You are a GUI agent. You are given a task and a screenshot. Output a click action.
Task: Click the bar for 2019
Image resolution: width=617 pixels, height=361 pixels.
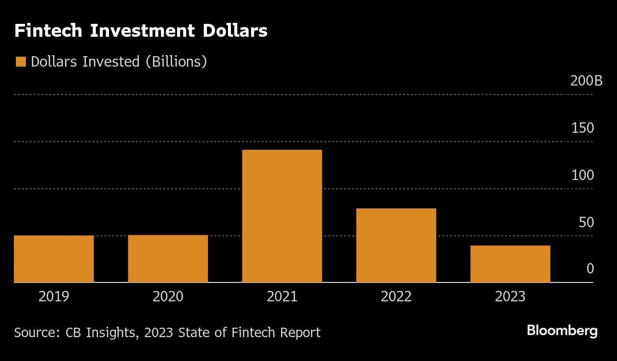[x=54, y=259]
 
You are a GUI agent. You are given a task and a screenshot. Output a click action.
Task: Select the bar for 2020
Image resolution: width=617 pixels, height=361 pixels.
[x=168, y=259]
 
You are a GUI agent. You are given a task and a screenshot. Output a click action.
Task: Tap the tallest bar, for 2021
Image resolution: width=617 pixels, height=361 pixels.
[x=282, y=216]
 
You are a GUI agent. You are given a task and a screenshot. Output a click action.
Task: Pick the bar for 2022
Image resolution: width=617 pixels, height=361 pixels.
[x=396, y=245]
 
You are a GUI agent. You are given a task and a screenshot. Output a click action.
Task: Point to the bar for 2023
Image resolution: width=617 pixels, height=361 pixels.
[x=510, y=264]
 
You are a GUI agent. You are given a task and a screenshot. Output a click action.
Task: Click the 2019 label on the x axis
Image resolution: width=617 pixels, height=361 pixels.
[x=54, y=297]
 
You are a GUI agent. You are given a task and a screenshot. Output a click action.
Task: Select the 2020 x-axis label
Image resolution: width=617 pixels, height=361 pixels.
[x=168, y=297]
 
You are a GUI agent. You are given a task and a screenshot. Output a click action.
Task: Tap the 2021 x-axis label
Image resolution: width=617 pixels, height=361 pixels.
[x=282, y=297]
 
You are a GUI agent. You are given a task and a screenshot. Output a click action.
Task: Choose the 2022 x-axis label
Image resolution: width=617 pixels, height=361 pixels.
[x=396, y=297]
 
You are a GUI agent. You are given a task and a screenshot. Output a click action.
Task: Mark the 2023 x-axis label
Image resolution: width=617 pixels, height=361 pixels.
[x=510, y=297]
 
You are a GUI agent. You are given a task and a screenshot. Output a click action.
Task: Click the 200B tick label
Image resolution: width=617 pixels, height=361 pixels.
[x=586, y=81]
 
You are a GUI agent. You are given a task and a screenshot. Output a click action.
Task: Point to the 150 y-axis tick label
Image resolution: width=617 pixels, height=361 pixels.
[x=582, y=128]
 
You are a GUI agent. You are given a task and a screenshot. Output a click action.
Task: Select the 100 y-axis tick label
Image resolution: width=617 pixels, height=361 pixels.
[x=582, y=175]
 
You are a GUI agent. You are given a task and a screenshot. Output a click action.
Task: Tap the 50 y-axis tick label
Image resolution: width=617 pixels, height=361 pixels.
[x=586, y=222]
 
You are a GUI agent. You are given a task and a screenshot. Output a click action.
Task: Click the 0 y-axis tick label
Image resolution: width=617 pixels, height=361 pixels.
[x=590, y=269]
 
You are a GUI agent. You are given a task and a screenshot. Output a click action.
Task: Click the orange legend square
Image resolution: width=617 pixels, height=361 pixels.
[x=20, y=62]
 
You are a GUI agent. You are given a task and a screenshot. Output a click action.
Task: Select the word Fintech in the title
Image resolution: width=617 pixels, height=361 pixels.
[x=48, y=31]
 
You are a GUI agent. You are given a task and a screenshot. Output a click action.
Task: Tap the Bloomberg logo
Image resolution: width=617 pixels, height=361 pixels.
[x=562, y=331]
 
